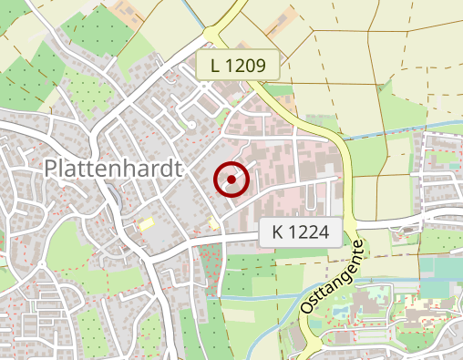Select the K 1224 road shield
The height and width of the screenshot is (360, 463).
(300, 233)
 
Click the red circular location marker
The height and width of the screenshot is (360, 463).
(231, 180)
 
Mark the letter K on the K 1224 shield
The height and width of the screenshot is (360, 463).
(277, 233)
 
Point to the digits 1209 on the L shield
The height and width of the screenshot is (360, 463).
(245, 65)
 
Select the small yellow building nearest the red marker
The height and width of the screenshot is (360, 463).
(213, 223)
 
